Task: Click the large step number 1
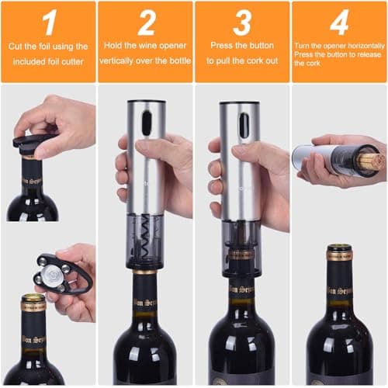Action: [48, 23]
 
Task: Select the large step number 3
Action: [242, 23]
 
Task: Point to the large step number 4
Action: [339, 23]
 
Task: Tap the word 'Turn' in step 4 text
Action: [303, 47]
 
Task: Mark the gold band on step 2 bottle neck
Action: [144, 272]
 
